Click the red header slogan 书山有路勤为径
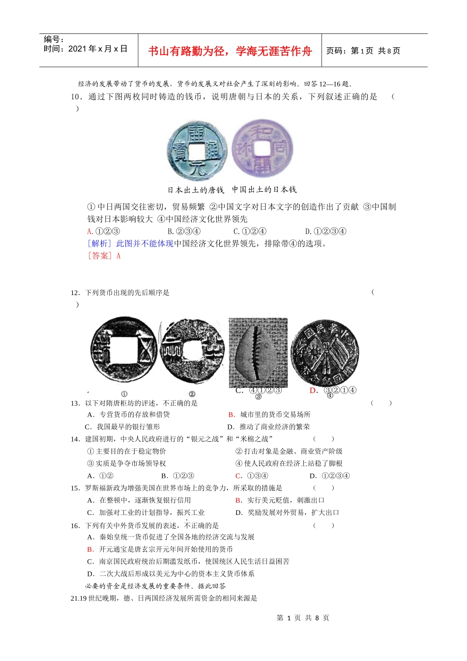coord(230,51)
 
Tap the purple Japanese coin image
coord(262,149)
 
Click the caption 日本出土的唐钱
coord(196,190)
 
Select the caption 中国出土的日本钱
coord(264,189)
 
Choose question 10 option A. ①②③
coord(104,231)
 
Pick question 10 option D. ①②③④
coord(326,231)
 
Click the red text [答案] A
coord(104,256)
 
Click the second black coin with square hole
coord(193,352)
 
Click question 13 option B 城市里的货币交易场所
coord(269,415)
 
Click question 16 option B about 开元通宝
coord(160,549)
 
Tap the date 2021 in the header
coord(77,49)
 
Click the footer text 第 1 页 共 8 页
coord(303,618)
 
